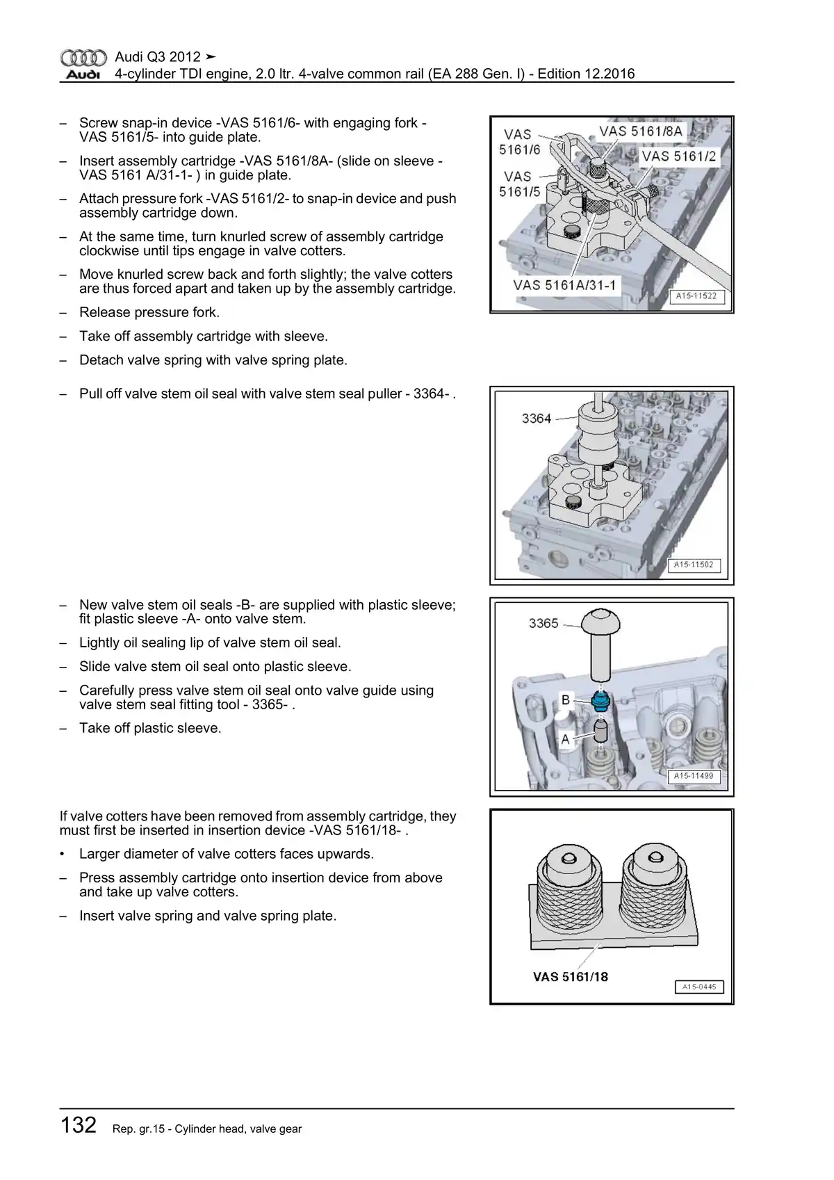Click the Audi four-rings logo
point(83,58)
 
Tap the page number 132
point(78,1125)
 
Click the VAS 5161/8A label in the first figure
point(641,131)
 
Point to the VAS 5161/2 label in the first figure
point(678,156)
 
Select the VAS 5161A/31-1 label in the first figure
point(564,285)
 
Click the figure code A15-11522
point(696,296)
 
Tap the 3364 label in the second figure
point(536,419)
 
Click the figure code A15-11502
point(694,565)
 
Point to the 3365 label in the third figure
point(543,624)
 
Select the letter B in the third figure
point(566,700)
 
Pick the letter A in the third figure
point(565,740)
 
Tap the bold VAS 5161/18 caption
point(570,977)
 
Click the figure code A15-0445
point(699,987)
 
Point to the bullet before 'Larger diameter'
point(63,854)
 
